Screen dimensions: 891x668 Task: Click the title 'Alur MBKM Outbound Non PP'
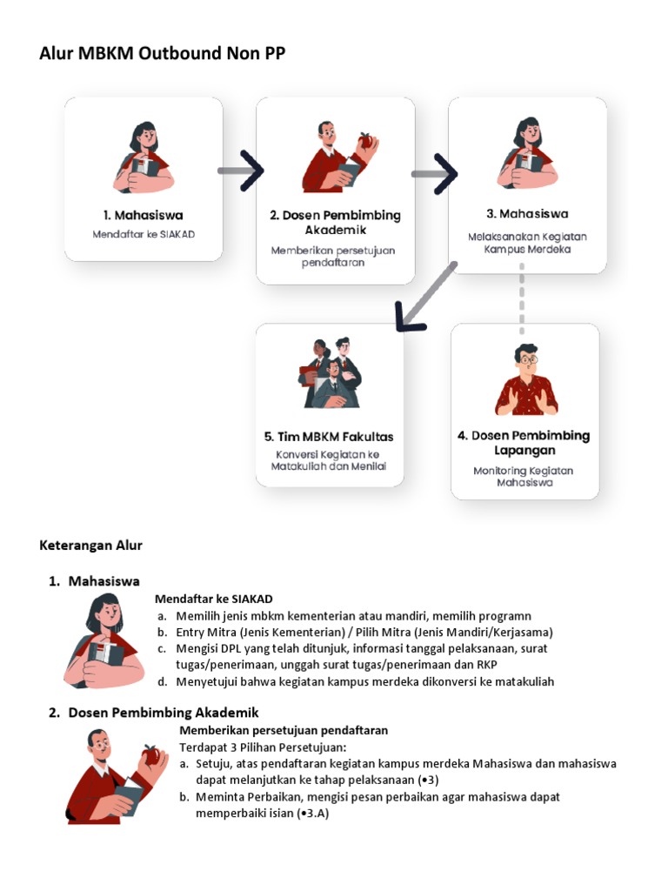coord(162,54)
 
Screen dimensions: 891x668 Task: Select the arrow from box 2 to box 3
coord(434,174)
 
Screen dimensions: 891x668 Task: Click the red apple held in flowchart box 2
coord(365,140)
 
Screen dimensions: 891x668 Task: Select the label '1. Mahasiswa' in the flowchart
coord(144,215)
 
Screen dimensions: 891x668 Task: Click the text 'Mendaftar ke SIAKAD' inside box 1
coord(144,235)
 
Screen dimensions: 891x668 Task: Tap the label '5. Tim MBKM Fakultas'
coord(329,436)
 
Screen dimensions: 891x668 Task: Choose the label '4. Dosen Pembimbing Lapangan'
coord(524,443)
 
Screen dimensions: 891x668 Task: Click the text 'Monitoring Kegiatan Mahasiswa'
coord(524,476)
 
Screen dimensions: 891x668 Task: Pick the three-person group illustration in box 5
coord(330,373)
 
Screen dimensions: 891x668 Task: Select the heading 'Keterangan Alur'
coord(90,546)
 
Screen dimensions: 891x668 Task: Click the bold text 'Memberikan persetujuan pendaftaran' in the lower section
coord(284,730)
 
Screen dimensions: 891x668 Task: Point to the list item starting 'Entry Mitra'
coord(364,632)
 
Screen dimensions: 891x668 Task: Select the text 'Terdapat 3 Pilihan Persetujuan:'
coord(263,747)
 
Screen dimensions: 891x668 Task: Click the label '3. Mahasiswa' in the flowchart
coord(527,214)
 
